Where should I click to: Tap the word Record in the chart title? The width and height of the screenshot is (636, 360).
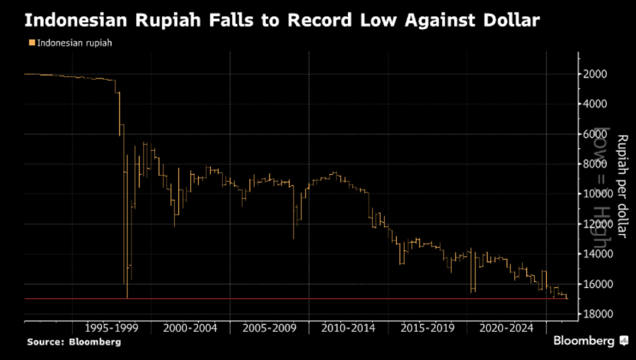tap(325, 21)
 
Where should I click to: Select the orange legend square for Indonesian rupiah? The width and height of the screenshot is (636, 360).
tap(30, 42)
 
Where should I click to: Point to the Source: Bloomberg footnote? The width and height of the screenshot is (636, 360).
tap(74, 342)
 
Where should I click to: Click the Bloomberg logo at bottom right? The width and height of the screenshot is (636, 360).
tap(589, 340)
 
